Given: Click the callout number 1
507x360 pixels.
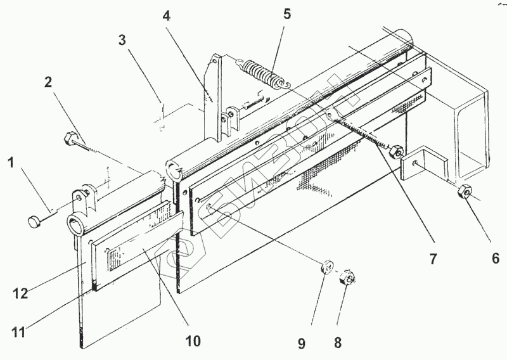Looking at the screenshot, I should click(x=10, y=164).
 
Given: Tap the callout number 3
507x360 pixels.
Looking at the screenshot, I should click(x=122, y=40).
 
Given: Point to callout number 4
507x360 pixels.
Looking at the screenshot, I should click(x=166, y=16).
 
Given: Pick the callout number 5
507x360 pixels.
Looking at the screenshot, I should click(x=287, y=15).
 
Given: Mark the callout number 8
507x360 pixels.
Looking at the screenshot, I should click(x=338, y=343).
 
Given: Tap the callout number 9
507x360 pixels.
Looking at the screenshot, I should click(x=302, y=343).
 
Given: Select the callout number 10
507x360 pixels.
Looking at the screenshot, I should click(x=193, y=341).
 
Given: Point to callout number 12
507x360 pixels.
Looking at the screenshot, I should click(x=20, y=293).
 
